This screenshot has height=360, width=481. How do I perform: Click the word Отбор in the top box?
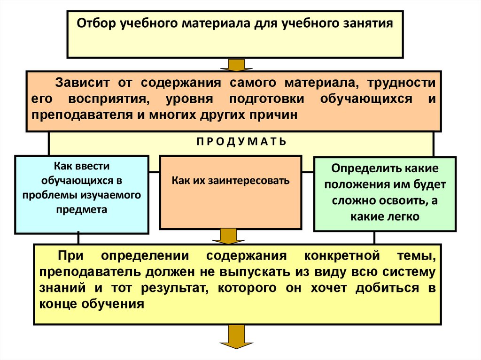(94, 23)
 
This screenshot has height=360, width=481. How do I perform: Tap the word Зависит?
(83, 83)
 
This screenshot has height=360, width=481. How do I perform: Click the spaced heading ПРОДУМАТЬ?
(240, 141)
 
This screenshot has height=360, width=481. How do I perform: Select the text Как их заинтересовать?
(230, 180)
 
